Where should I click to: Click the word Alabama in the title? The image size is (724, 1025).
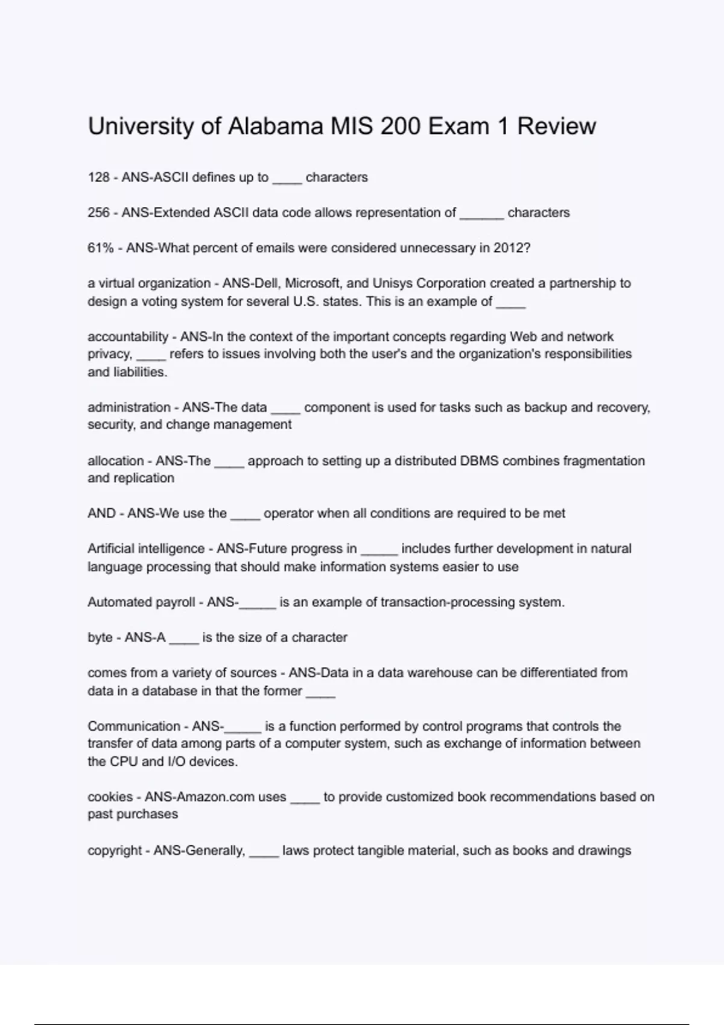tap(276, 127)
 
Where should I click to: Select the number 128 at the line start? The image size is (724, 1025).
tap(98, 177)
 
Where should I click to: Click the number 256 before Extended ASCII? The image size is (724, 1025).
tap(98, 213)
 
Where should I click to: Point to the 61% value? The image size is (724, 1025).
tap(100, 248)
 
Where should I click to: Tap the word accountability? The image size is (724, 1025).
tap(128, 337)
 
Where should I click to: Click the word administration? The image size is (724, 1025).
tap(129, 408)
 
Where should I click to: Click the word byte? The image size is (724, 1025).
tap(100, 638)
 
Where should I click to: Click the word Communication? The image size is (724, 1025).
tap(134, 727)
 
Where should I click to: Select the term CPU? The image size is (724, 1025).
tap(124, 762)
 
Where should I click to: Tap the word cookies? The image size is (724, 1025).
tap(110, 797)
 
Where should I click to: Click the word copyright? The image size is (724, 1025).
tap(115, 851)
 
